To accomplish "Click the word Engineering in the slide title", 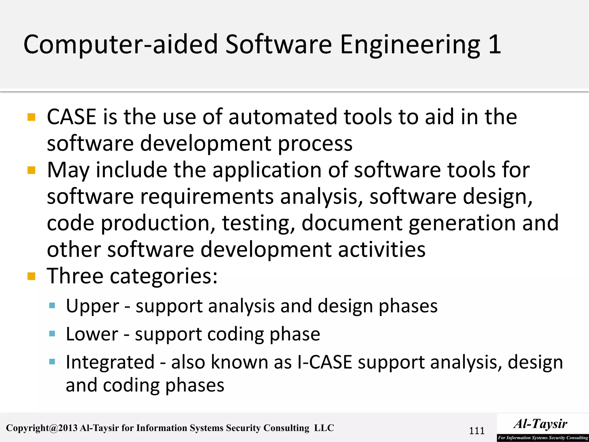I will coord(410,45).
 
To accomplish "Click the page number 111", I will coord(477,431).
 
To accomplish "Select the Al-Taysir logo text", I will coord(540,424).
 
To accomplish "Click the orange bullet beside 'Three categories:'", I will coord(31,277).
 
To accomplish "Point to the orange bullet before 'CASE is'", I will coord(31,117).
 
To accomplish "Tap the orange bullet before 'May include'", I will coord(31,170).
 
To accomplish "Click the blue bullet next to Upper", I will coord(52,306).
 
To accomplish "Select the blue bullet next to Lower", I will coord(52,334).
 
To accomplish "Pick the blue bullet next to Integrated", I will coord(52,362).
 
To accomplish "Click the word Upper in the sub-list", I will coord(92,306).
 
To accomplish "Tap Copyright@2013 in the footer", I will coord(42,428).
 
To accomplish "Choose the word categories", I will coord(163,277).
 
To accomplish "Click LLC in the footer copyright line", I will coord(324,428).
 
